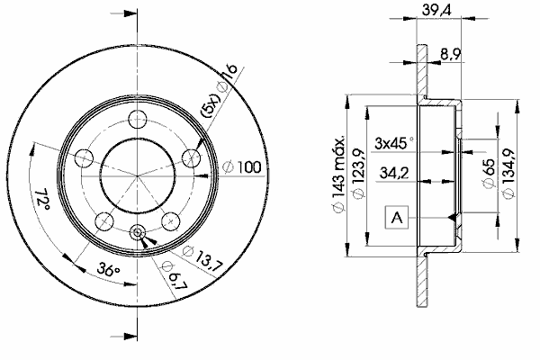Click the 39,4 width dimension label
(x=436, y=10)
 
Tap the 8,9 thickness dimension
(x=451, y=54)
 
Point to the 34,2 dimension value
(x=394, y=172)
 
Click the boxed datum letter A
(x=397, y=218)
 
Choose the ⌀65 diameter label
(x=489, y=174)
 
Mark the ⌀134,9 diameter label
(x=509, y=174)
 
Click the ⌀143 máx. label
(x=338, y=175)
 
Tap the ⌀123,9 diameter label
(x=358, y=174)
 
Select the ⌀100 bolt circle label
(x=242, y=167)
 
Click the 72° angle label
(x=42, y=200)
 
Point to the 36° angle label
(x=108, y=269)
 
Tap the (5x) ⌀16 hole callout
(x=220, y=91)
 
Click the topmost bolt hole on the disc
(x=138, y=119)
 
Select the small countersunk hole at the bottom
(x=138, y=232)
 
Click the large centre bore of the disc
(x=138, y=176)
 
